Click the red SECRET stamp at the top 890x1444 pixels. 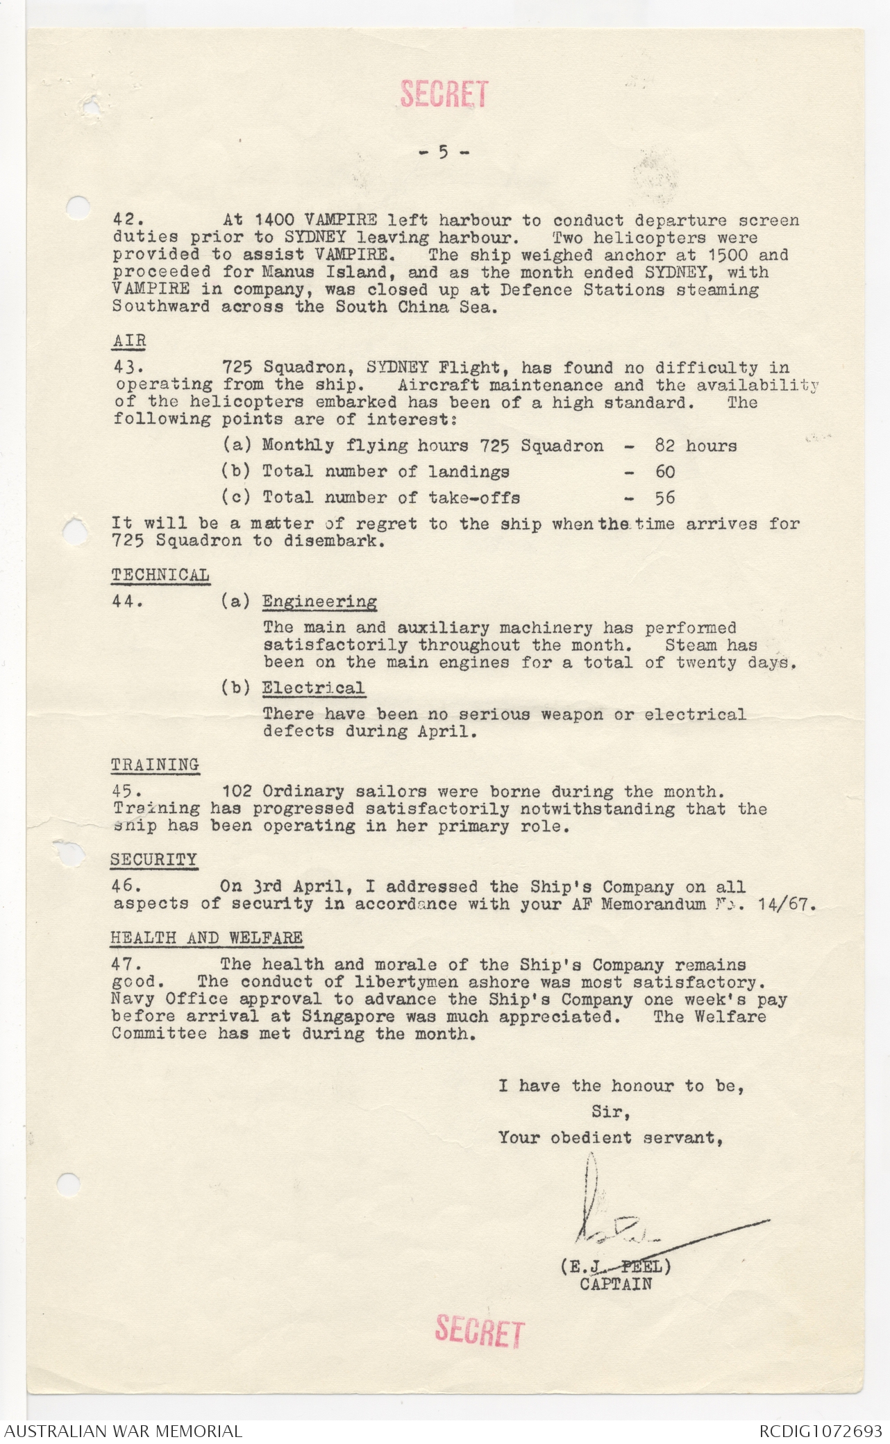[444, 94]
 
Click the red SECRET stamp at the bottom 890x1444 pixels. [479, 1331]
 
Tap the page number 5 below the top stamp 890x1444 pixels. [444, 152]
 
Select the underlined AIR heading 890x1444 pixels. [129, 341]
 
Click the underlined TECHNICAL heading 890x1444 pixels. [160, 575]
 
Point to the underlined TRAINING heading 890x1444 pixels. [155, 765]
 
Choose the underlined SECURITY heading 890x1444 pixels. [153, 860]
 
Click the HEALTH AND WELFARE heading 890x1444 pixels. [206, 938]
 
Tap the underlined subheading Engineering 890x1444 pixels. [319, 602]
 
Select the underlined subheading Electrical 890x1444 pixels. [313, 688]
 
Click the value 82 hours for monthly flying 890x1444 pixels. [696, 445]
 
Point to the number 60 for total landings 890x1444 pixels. [665, 472]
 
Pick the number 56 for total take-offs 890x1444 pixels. [665, 498]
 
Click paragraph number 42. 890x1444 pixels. [128, 221]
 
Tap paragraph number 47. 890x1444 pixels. [127, 965]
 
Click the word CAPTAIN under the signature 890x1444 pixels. [616, 1284]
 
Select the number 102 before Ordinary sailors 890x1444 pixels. [236, 792]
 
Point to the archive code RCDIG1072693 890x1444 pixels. [820, 1431]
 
